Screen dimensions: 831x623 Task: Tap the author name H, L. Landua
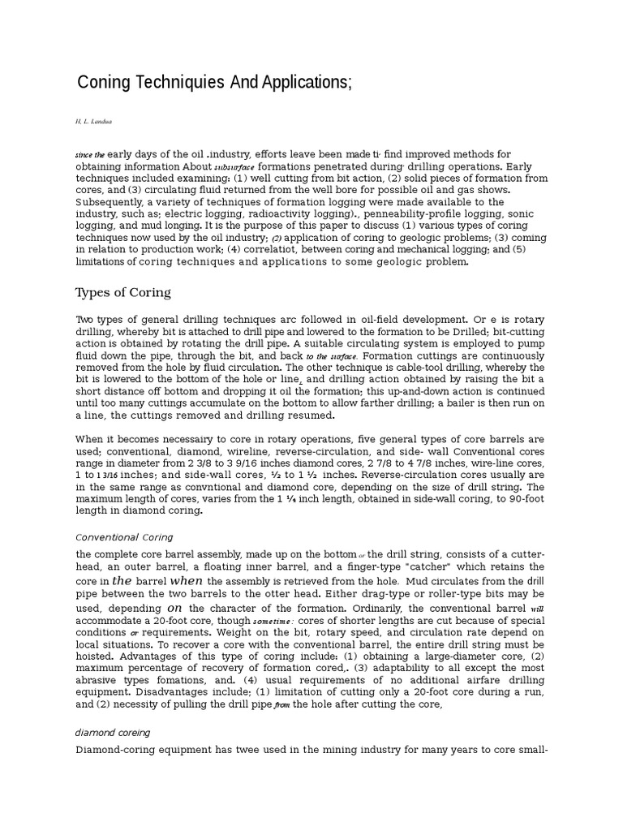93,122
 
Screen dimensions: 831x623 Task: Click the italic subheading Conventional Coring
124,537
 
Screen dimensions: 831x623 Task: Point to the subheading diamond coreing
113,732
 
